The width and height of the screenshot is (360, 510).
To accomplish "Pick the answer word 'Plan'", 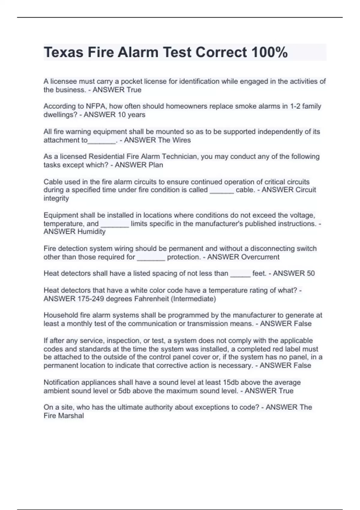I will [x=156, y=165].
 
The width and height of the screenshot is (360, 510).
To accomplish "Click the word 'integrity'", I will [x=56, y=198].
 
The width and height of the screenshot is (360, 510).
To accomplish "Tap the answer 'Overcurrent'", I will [x=260, y=257].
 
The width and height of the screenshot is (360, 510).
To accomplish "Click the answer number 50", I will [x=311, y=273].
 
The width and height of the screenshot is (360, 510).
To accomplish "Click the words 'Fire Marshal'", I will [x=64, y=416].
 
